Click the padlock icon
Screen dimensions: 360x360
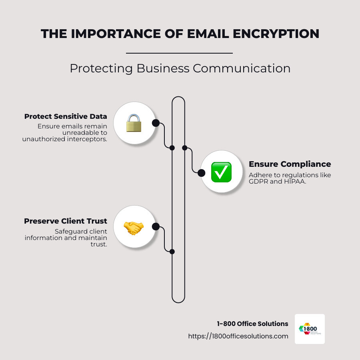pos(134,123)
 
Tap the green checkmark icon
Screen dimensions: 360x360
pos(221,172)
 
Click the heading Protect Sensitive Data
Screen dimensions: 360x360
pos(66,116)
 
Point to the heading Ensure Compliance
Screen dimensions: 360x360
pos(290,164)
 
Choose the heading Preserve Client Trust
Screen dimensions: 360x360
pos(66,221)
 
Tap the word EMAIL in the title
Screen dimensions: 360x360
pos(169,34)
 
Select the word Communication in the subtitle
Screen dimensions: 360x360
pos(242,68)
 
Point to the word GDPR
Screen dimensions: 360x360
pos(257,181)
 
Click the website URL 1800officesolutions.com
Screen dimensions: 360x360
pos(238,336)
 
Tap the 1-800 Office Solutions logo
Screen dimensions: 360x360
pos(310,329)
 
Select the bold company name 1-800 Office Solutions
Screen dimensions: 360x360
pos(252,324)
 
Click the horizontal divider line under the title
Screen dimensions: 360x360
pos(179,53)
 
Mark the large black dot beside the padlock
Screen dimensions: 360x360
pos(156,123)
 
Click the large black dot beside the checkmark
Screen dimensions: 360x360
pos(201,173)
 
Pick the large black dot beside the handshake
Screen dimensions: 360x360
pos(156,227)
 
